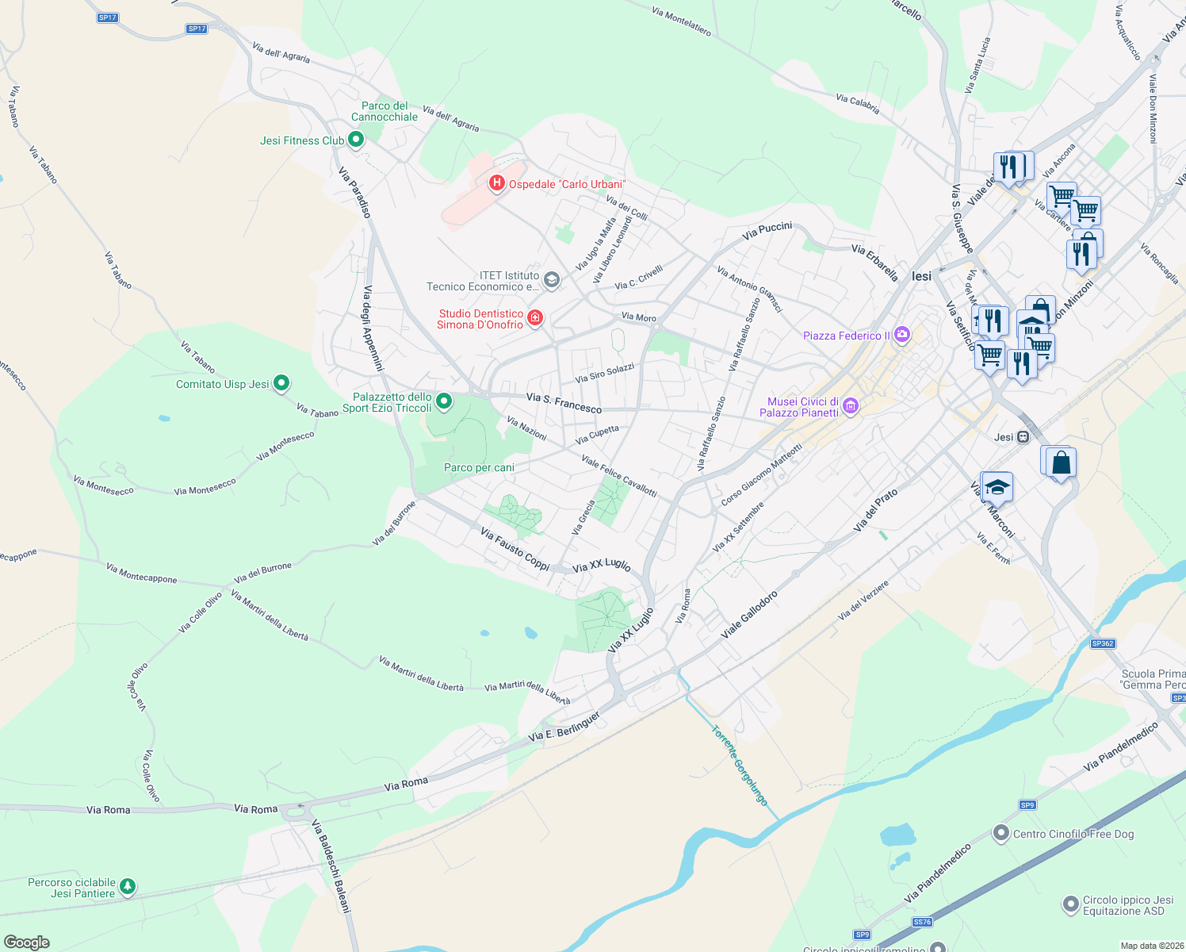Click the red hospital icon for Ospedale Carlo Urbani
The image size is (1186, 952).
[496, 184]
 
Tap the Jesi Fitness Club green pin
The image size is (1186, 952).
[356, 140]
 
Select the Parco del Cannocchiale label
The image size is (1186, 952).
[384, 112]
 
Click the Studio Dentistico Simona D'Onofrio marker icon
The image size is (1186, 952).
[535, 318]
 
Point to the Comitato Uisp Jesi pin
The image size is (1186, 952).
[281, 383]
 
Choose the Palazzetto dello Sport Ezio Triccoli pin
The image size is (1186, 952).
[444, 401]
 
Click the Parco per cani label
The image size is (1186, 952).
[479, 468]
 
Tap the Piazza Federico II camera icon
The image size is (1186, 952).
[901, 335]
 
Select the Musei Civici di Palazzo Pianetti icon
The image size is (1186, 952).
[851, 407]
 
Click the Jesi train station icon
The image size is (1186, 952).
[1023, 437]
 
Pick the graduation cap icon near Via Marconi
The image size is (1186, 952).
[997, 486]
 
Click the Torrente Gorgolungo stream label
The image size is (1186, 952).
[740, 766]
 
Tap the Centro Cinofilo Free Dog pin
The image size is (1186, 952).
[1001, 833]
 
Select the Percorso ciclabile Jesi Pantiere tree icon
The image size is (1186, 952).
[127, 886]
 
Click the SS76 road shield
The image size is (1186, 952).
[922, 922]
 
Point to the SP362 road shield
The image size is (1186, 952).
[1103, 643]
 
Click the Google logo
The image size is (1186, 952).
[27, 942]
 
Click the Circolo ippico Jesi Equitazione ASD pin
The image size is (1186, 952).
[1071, 904]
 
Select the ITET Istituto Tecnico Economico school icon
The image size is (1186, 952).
[552, 280]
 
